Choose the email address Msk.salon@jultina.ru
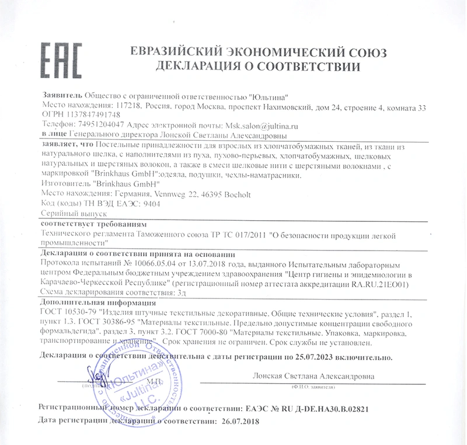click(258, 125)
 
